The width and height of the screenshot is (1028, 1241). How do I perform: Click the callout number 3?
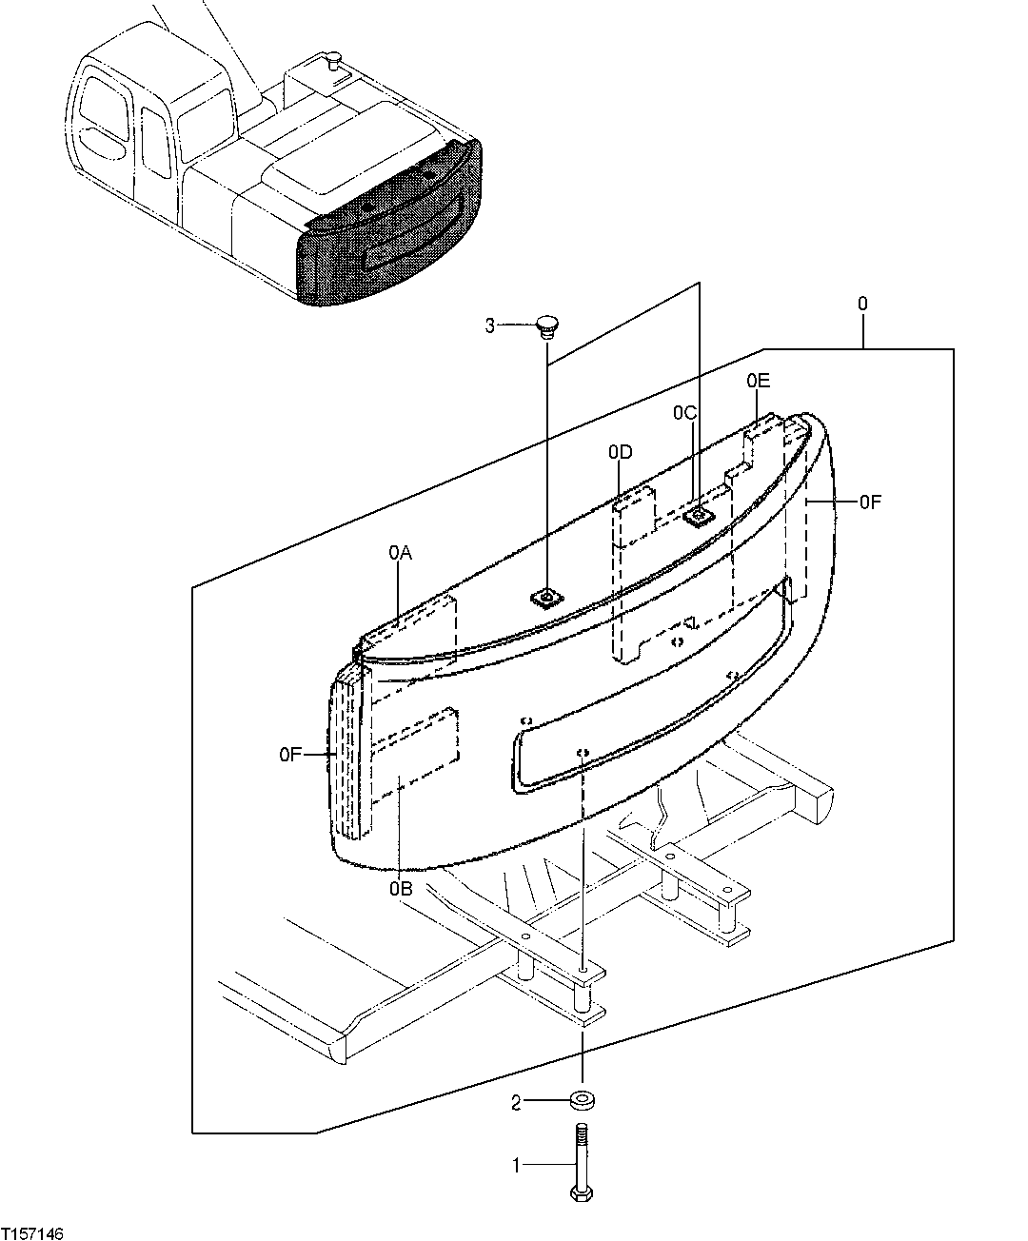(490, 326)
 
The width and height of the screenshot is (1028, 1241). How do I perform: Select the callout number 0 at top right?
(862, 305)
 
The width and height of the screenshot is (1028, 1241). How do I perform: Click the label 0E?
(758, 381)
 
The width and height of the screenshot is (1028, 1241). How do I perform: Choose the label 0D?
(621, 452)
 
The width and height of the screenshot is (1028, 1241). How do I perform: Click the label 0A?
(399, 551)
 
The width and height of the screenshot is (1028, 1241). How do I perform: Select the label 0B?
(400, 890)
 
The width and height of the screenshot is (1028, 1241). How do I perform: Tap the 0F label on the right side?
(870, 502)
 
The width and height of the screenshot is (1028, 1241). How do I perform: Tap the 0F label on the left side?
(291, 755)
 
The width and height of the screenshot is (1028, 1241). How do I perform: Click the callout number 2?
(516, 1103)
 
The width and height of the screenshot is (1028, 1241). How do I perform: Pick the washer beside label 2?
(583, 1102)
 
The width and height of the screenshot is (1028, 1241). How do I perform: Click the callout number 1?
(517, 1164)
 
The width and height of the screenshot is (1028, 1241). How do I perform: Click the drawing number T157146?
(33, 1232)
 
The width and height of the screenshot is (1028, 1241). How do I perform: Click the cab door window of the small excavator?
(153, 143)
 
